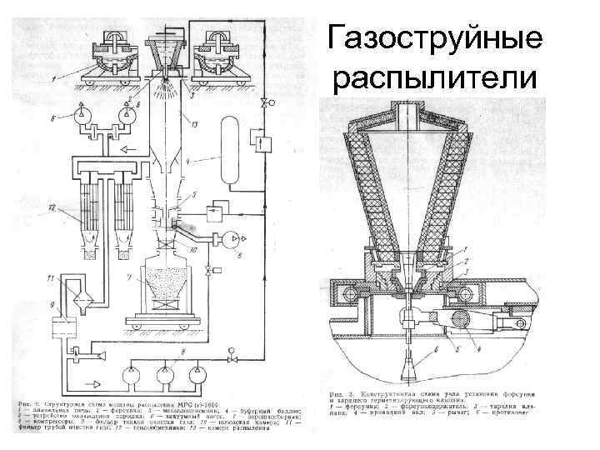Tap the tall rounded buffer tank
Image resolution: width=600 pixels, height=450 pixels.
point(227,145)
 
